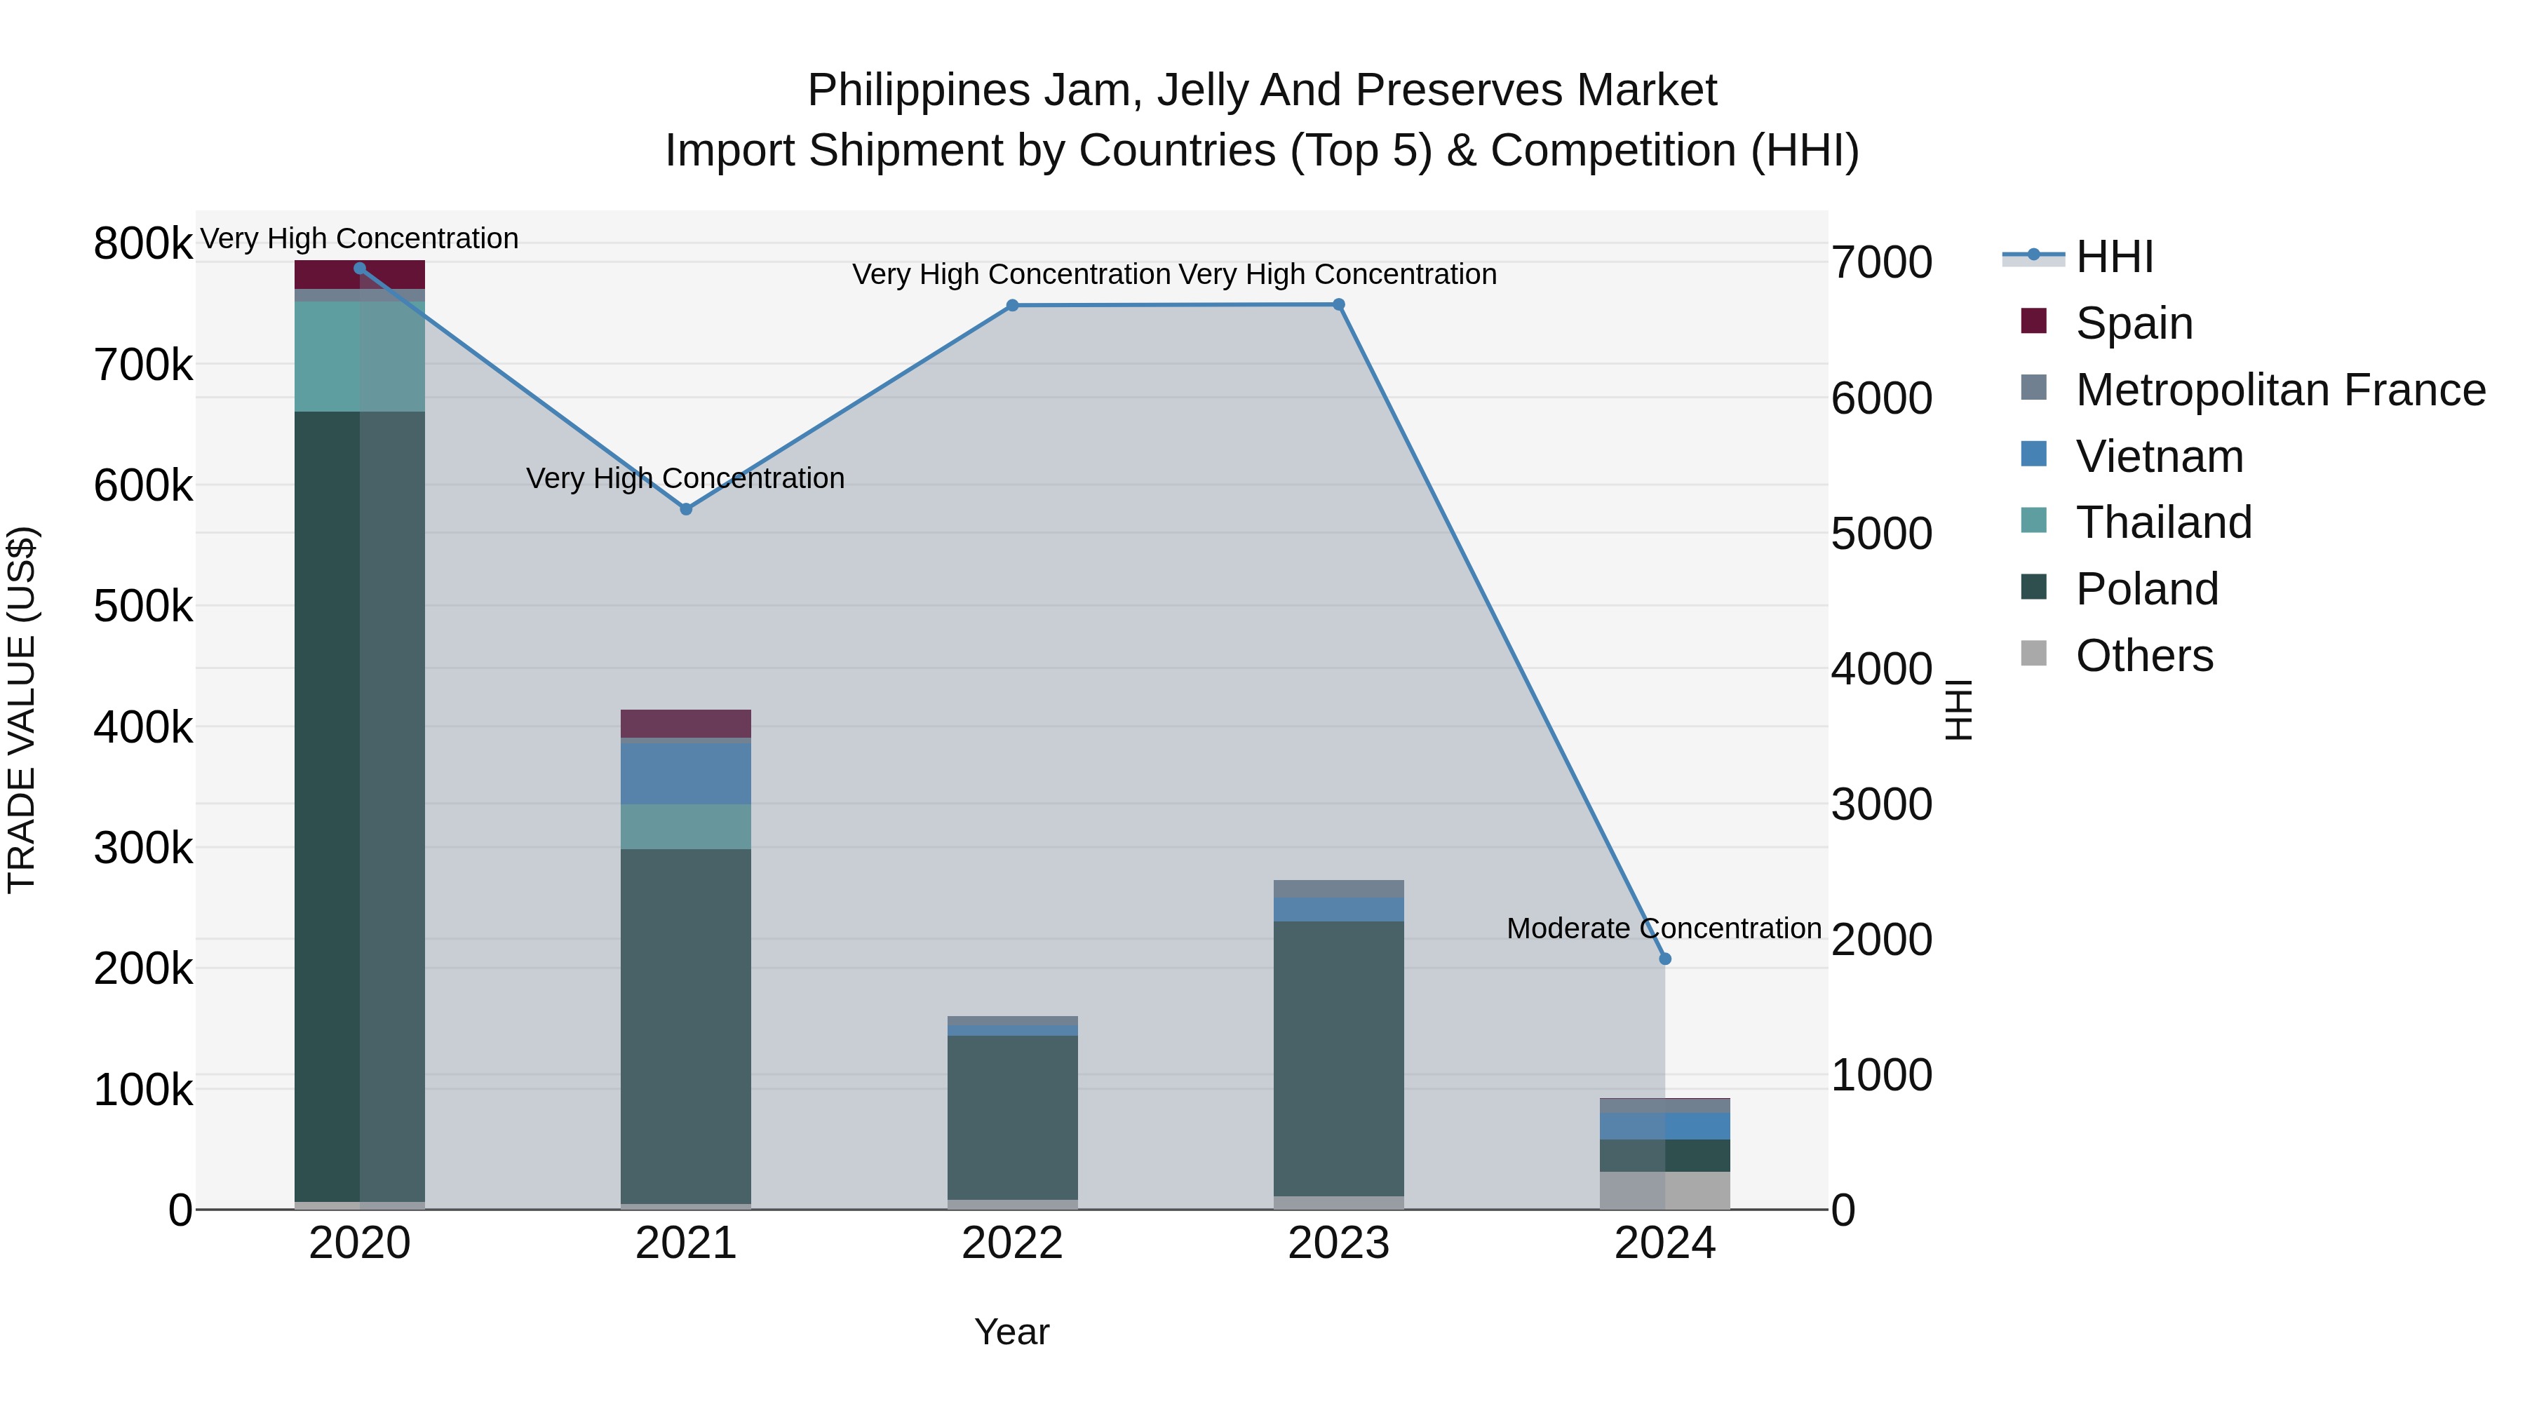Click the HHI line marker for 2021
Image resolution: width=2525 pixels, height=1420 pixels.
click(x=686, y=508)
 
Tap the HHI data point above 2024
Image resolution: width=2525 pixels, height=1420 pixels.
click(x=1664, y=959)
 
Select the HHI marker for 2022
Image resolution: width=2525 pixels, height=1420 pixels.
click(x=1013, y=306)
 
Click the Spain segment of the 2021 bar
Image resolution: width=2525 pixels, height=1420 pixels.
click(x=686, y=723)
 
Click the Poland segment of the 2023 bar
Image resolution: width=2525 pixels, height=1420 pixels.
click(x=1338, y=1058)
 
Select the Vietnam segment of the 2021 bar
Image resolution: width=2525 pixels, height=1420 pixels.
click(x=686, y=773)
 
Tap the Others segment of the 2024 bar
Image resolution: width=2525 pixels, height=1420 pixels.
click(x=1664, y=1190)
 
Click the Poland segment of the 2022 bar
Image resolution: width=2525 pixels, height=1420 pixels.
click(x=1013, y=1117)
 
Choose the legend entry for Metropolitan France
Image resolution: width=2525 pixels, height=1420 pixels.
click(x=2280, y=390)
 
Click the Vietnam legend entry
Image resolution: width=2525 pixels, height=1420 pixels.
click(x=2160, y=457)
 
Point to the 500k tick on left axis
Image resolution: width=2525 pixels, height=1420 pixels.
click(x=143, y=607)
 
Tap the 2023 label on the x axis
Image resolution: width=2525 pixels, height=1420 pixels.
click(x=1338, y=1243)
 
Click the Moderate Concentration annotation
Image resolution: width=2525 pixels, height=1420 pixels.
click(x=1664, y=928)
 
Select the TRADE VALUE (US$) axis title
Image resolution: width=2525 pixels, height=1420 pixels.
click(x=22, y=710)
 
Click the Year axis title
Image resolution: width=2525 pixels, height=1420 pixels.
click(x=1011, y=1332)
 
